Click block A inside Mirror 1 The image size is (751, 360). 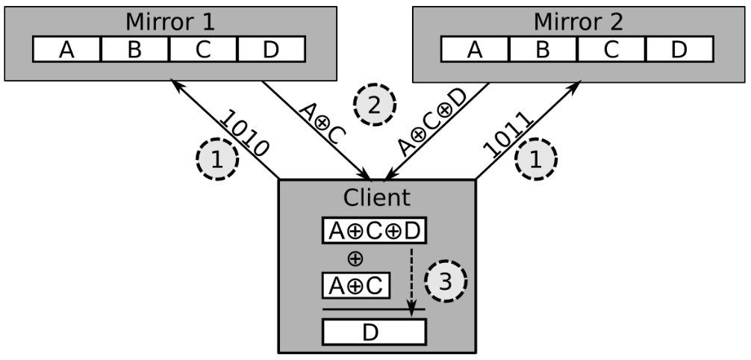click(67, 49)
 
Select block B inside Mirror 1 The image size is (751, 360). click(135, 49)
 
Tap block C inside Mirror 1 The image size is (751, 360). click(203, 49)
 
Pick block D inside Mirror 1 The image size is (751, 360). click(271, 49)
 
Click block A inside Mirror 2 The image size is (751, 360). click(476, 49)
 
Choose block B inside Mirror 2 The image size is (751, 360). click(543, 49)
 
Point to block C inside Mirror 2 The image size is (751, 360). click(611, 49)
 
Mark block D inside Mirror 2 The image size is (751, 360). click(679, 49)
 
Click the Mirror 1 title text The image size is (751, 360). click(169, 20)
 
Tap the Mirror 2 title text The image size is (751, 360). click(579, 20)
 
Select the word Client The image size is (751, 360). click(376, 197)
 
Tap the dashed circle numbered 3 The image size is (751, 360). click(446, 282)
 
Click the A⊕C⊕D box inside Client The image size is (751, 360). click(374, 230)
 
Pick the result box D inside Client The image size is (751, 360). click(374, 331)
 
